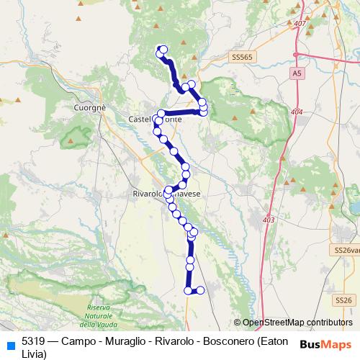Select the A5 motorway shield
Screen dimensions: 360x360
297,73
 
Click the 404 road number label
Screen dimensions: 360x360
297,112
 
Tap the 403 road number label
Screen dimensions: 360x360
269,220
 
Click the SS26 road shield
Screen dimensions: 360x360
343,300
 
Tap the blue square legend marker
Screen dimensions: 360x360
11,343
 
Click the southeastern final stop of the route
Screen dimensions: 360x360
200,289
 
